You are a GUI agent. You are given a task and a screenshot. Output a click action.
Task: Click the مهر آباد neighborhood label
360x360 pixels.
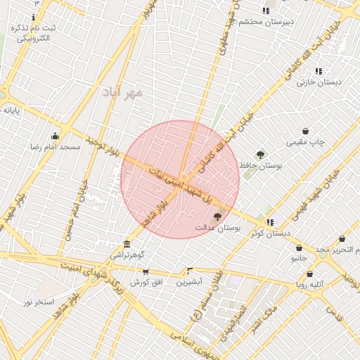pos(122,92)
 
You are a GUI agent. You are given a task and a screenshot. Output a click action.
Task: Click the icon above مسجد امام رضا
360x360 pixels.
pos(56,136)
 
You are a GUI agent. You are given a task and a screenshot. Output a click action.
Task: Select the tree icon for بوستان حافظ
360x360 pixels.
pos(260,155)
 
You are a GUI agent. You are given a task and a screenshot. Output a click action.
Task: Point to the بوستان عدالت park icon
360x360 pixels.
pos(217,217)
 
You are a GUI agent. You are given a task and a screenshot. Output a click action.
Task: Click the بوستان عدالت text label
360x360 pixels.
pos(218,229)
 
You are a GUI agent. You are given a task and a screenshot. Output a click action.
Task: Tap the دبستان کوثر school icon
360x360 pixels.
pos(271,223)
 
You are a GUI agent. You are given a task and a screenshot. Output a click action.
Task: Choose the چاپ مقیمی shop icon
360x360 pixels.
pos(306,131)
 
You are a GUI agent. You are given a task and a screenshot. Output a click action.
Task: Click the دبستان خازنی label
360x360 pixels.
pos(319,82)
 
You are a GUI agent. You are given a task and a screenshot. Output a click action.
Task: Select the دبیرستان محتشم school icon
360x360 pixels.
pos(266,11)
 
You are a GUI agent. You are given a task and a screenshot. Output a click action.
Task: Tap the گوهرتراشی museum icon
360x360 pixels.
pos(127,243)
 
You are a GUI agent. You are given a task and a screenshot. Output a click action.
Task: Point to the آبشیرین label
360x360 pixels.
pos(189,282)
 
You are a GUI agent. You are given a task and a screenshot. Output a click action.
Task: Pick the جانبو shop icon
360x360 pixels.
pos(300,248)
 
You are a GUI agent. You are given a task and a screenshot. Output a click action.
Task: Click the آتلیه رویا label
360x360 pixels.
pos(310,285)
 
